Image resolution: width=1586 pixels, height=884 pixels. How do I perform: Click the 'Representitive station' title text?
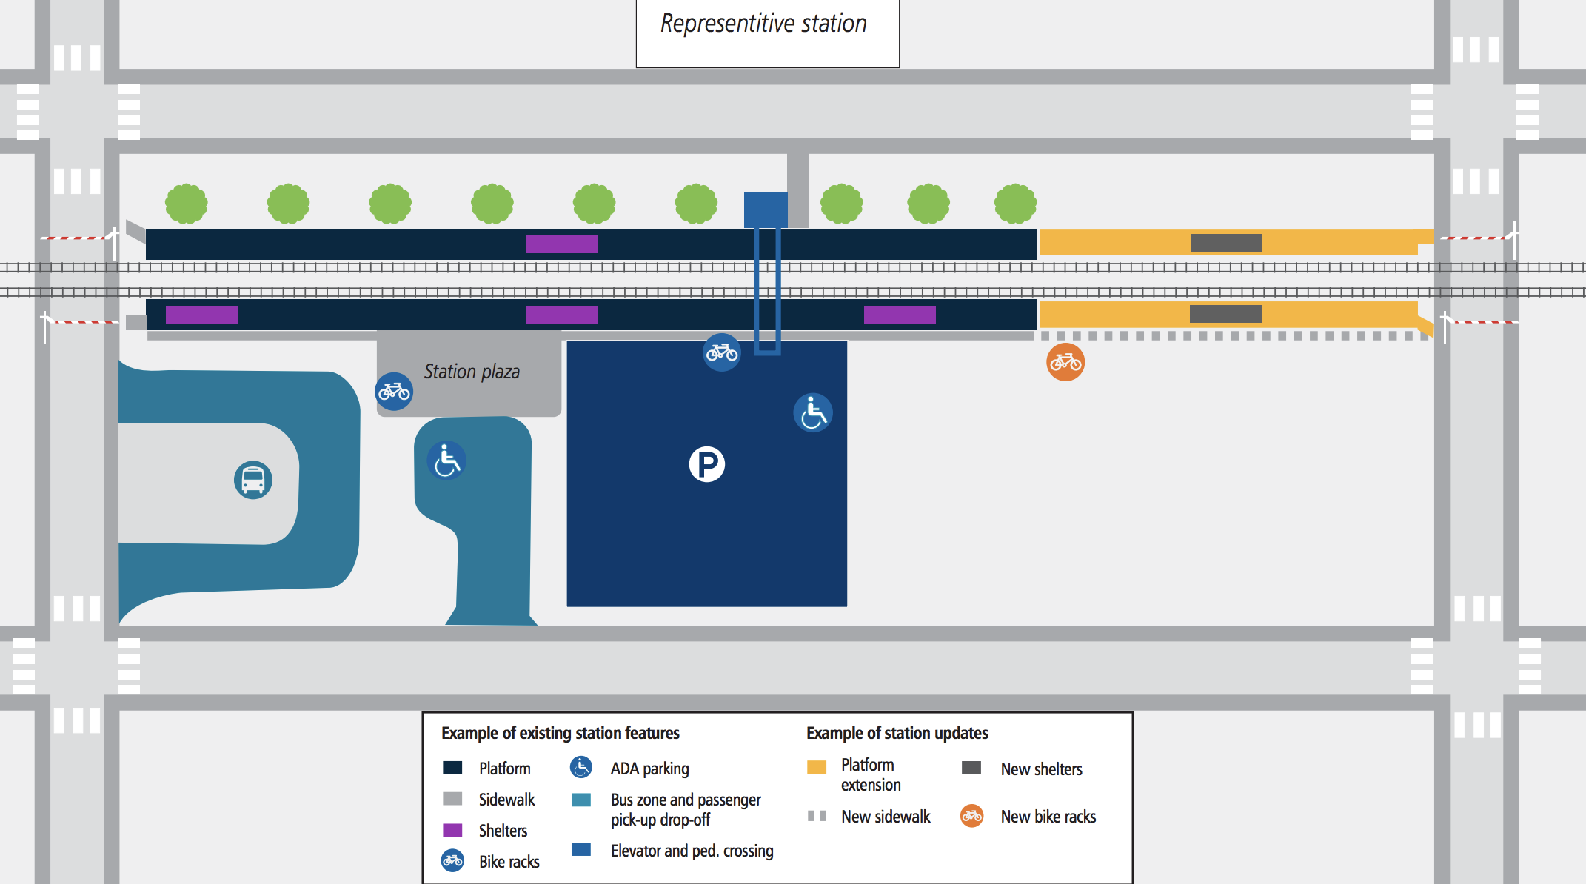763,24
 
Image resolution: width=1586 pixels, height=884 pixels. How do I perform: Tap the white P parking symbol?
706,464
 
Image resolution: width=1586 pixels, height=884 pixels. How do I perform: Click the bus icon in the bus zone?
253,480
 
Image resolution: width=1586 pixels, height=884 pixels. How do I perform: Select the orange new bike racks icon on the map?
1065,362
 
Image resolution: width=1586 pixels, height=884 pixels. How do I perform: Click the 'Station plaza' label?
472,372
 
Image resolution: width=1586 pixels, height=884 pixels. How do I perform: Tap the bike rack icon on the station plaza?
394,391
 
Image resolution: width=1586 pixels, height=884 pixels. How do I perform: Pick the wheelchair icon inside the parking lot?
812,412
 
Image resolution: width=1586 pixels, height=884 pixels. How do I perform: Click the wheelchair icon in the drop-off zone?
446,461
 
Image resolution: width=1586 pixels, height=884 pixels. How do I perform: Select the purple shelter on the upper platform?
561,244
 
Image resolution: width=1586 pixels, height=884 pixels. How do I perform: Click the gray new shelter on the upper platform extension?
1226,242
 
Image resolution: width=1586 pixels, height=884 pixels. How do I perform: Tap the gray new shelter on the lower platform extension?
1225,313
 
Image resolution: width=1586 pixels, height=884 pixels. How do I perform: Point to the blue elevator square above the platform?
766,210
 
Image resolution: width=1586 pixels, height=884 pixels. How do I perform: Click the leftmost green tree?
186,204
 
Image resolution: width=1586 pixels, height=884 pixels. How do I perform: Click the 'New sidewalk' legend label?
886,817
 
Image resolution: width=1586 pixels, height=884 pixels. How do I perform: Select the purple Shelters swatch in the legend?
452,830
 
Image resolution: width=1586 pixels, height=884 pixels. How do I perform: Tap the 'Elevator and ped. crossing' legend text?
692,851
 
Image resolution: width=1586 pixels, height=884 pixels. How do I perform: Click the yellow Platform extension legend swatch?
817,767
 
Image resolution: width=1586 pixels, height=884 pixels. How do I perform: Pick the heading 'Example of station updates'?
897,733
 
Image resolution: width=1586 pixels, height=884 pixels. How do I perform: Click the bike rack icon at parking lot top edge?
721,352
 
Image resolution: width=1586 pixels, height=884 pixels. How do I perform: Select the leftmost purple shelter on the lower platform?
201,315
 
